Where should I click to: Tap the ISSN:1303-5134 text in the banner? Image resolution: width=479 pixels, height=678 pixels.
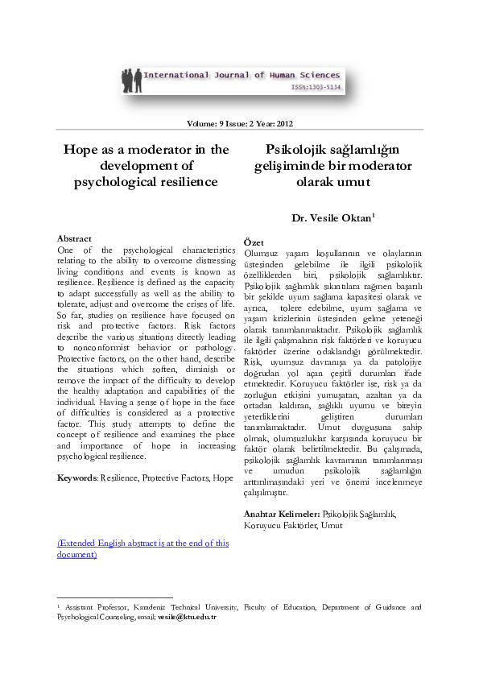click(x=316, y=86)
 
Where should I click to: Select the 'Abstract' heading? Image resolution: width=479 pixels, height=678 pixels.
click(x=74, y=239)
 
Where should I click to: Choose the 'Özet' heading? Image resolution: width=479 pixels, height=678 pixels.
click(x=254, y=242)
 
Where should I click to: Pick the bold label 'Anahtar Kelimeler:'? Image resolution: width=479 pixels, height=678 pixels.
click(x=281, y=514)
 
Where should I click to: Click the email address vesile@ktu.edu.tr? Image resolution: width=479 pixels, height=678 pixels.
click(x=193, y=616)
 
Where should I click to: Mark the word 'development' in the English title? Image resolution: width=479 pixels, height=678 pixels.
click(x=142, y=166)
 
